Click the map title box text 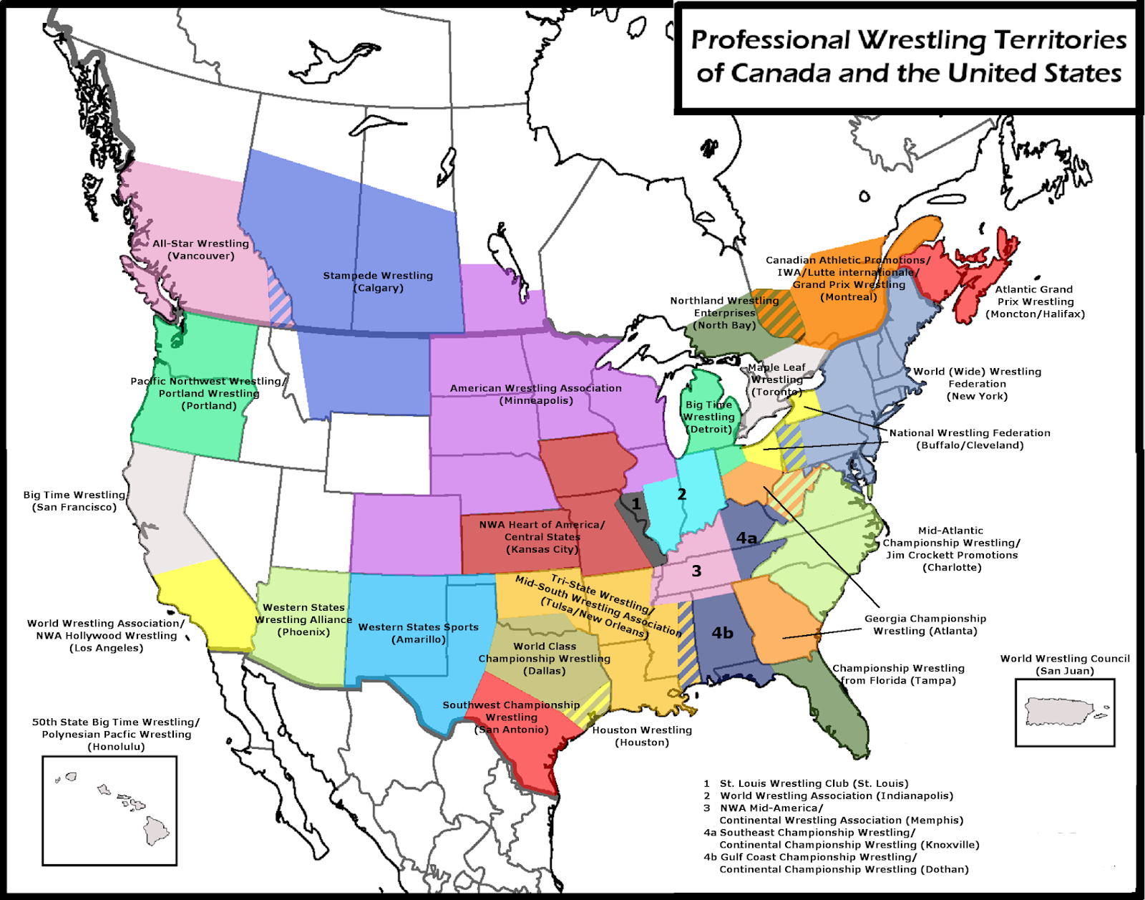tap(907, 57)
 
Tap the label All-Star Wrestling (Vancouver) tap(200, 250)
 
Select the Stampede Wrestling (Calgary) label tap(378, 281)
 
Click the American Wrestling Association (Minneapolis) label tap(535, 394)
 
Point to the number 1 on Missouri tap(635, 504)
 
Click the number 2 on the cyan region tap(681, 494)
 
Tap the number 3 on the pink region tap(696, 571)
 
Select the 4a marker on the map tap(746, 538)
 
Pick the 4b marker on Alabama tap(722, 632)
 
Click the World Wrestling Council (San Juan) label tap(1064, 664)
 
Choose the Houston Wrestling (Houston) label tap(642, 736)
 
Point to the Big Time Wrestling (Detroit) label tap(708, 417)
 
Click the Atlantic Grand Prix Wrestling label tap(1034, 301)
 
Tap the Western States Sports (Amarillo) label tap(418, 633)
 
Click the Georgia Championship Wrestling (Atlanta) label tap(925, 624)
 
